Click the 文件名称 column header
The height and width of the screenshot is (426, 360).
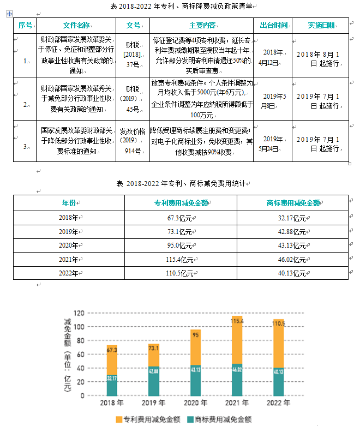pyautogui.click(x=76, y=25)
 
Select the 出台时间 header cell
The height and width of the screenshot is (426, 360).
pyautogui.click(x=273, y=25)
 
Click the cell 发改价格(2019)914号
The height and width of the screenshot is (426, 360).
pyautogui.click(x=133, y=141)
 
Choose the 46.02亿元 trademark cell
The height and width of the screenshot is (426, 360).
pyautogui.click(x=292, y=260)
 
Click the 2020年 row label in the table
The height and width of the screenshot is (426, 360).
pyautogui.click(x=69, y=245)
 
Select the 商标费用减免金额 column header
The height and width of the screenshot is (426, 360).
pyautogui.click(x=293, y=203)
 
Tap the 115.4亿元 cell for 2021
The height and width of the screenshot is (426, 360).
pyautogui.click(x=180, y=260)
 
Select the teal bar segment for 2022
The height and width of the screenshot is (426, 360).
pyautogui.click(x=279, y=381)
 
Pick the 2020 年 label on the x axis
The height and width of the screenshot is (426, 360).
pyautogui.click(x=195, y=404)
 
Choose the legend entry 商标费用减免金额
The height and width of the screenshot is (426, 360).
pyautogui.click(x=219, y=419)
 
